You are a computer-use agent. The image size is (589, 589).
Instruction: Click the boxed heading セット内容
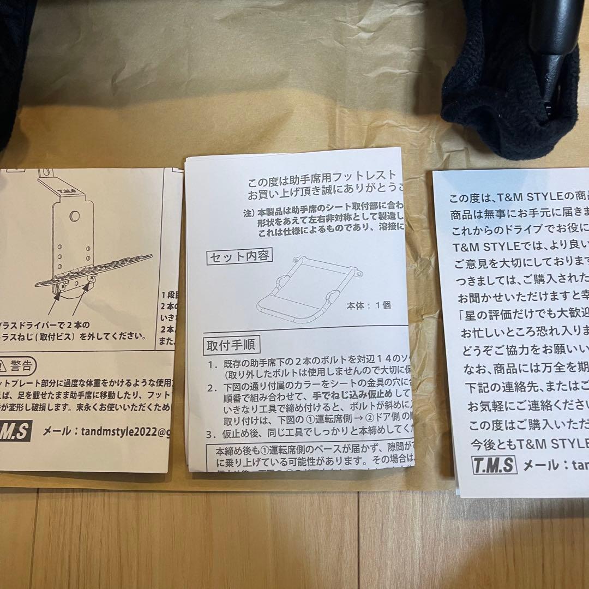238,256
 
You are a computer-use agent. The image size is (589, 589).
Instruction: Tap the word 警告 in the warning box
21,364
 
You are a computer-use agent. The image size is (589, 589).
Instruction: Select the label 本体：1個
369,305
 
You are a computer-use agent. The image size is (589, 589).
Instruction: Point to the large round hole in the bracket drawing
75,216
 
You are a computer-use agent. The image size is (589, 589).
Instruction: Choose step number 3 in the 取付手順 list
209,435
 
